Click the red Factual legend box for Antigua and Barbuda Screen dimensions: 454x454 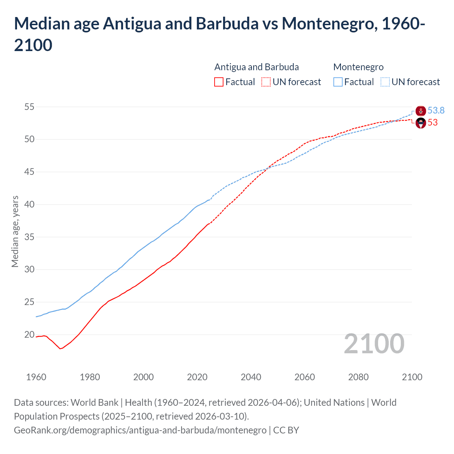point(219,82)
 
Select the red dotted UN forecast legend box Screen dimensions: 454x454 point(266,82)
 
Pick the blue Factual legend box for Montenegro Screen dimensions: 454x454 point(338,82)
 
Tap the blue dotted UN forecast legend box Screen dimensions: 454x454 point(385,82)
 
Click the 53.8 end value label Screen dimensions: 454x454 point(436,111)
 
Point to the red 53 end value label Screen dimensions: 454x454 point(433,123)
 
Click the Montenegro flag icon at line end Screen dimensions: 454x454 point(421,111)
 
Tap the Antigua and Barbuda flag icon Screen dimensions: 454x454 point(421,123)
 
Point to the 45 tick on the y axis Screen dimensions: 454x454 point(29,172)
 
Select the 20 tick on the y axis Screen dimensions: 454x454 point(29,334)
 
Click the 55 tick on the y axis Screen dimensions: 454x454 point(29,107)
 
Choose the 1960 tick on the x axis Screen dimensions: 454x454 point(36,377)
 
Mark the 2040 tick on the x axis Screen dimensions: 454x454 point(251,377)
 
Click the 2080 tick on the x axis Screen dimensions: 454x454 point(358,377)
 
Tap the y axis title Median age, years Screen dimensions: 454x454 point(15,231)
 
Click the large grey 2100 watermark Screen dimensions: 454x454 point(374,344)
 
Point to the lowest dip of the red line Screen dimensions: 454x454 point(60,349)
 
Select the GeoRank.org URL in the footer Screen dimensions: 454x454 point(140,430)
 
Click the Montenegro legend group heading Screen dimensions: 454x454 point(358,67)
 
